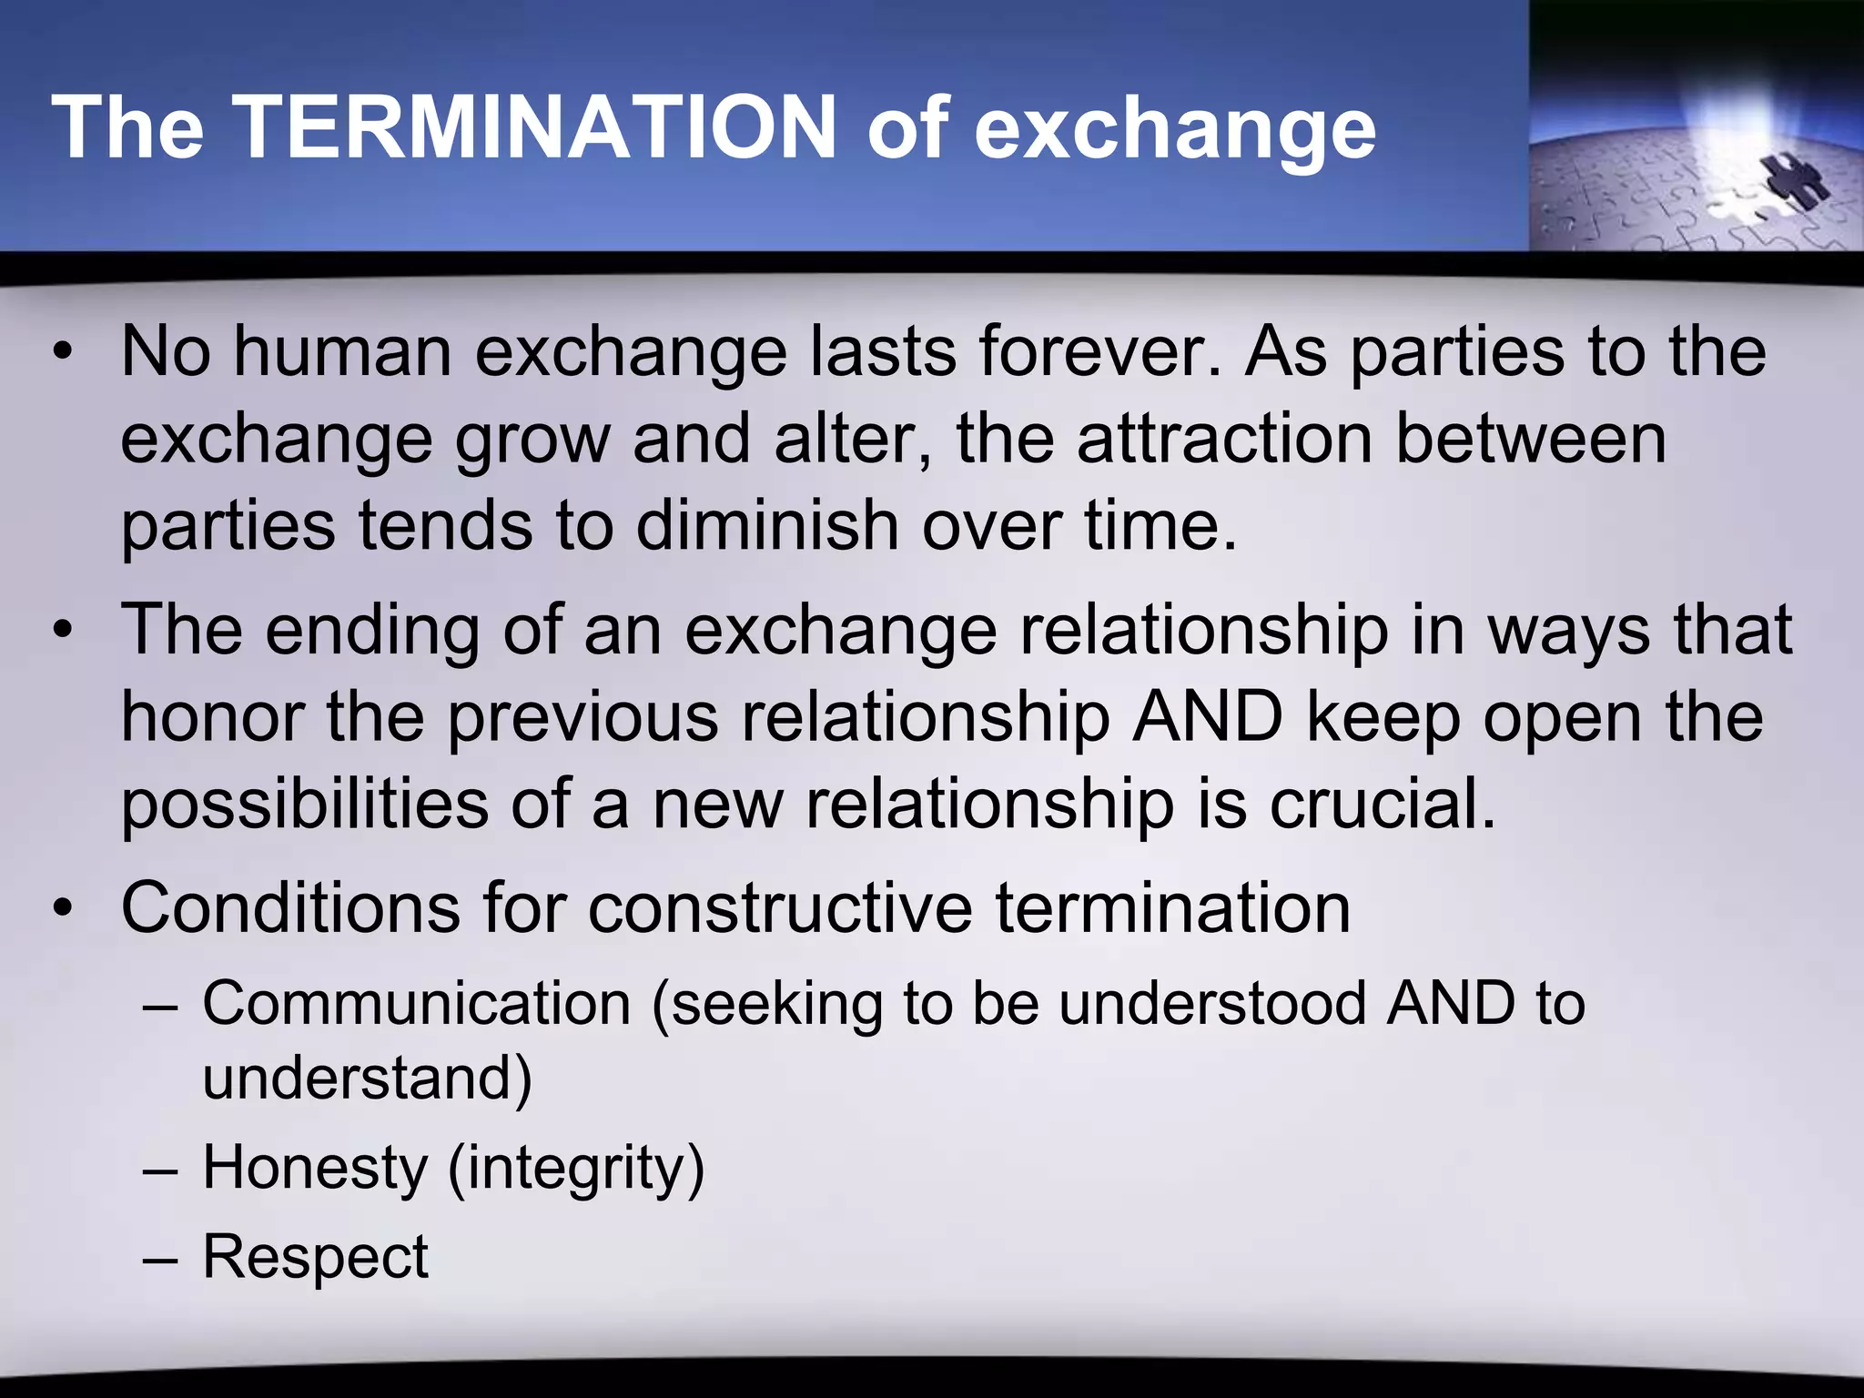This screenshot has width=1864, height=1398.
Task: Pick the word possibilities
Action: click(x=305, y=805)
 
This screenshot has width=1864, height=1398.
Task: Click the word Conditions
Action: click(x=290, y=907)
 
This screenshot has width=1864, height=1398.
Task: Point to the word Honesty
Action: click(x=314, y=1168)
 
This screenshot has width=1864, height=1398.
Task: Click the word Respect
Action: click(x=315, y=1257)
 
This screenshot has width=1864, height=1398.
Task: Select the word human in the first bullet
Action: click(x=342, y=351)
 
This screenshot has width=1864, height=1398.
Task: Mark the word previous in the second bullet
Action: click(x=583, y=717)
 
